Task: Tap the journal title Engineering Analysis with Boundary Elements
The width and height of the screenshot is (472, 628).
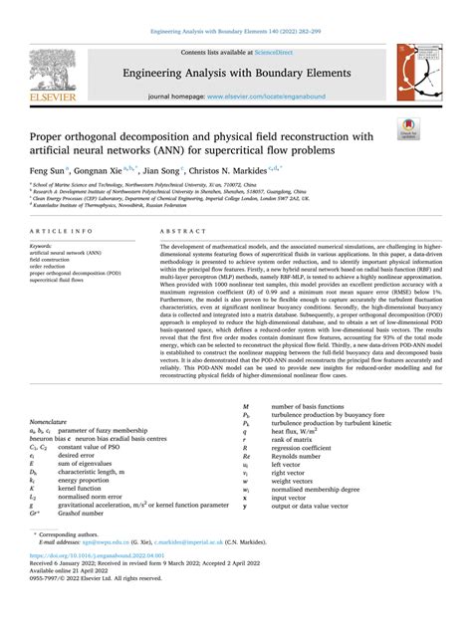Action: tap(236, 72)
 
